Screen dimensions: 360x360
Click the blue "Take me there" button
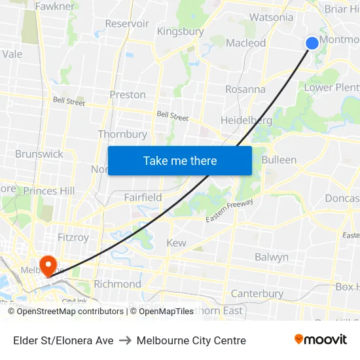180,160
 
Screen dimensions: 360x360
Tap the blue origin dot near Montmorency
312,43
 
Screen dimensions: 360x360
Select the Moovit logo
320,339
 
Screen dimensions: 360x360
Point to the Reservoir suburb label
127,24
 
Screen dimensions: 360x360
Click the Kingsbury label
180,31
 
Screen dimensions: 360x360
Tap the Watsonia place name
272,17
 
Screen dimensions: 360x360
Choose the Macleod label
246,43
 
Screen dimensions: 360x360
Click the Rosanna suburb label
245,89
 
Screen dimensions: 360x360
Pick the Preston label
128,95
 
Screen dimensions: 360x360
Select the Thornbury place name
122,134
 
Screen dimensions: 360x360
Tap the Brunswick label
39,154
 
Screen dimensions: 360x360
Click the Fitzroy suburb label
72,238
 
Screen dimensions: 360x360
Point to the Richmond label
117,284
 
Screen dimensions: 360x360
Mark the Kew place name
176,243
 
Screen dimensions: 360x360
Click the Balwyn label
272,257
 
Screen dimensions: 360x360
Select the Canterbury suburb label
257,294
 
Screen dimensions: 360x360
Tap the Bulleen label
279,160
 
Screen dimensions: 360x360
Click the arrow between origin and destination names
125,340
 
